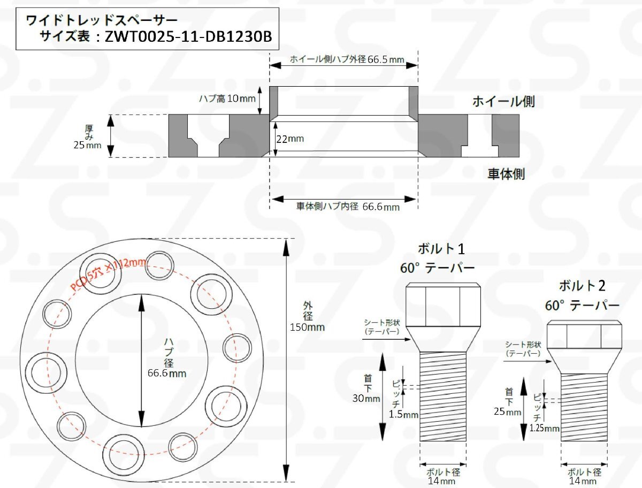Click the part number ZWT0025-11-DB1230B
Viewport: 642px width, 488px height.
click(x=188, y=36)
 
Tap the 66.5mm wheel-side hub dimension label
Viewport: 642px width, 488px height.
click(x=347, y=59)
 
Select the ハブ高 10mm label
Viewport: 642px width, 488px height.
click(x=227, y=98)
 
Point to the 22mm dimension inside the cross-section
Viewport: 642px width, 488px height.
click(x=290, y=139)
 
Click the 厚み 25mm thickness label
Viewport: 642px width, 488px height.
click(x=87, y=137)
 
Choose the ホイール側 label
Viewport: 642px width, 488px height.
click(x=503, y=102)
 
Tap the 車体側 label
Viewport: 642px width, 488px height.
click(x=506, y=174)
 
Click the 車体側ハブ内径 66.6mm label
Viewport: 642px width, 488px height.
click(x=348, y=207)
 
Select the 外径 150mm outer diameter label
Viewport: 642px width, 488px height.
click(x=307, y=317)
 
